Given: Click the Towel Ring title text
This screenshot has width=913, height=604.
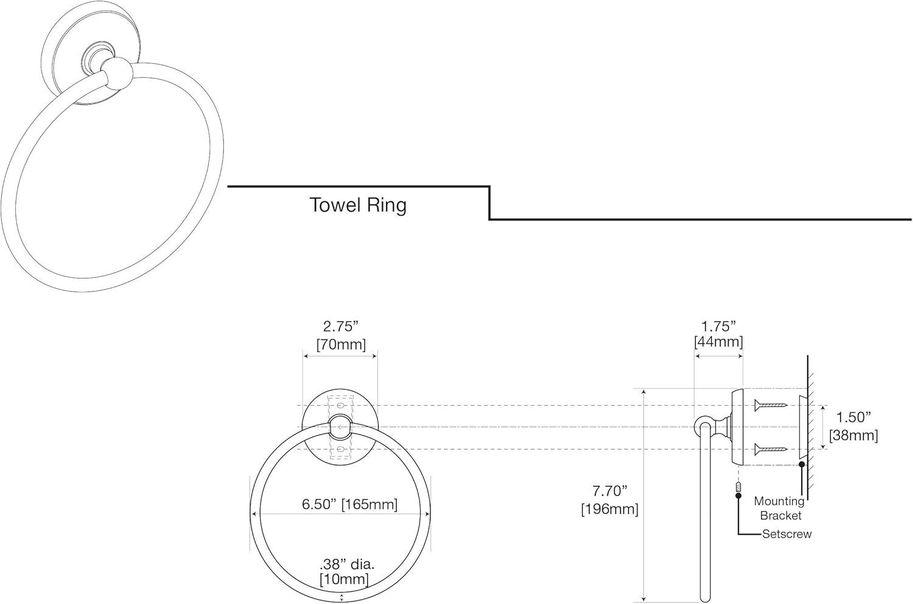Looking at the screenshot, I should pyautogui.click(x=358, y=205).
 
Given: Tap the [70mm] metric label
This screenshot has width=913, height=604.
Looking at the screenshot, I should pyautogui.click(x=341, y=345).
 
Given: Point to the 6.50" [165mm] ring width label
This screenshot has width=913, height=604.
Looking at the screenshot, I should pyautogui.click(x=349, y=504).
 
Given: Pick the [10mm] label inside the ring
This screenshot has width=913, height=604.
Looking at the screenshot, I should pyautogui.click(x=344, y=579).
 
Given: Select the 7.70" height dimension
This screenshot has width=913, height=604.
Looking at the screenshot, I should pyautogui.click(x=609, y=490).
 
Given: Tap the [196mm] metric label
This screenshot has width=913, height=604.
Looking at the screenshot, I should pyautogui.click(x=609, y=509).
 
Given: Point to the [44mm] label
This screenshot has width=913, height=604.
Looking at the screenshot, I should pyautogui.click(x=718, y=342).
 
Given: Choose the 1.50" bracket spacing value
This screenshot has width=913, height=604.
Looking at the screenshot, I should pyautogui.click(x=853, y=417).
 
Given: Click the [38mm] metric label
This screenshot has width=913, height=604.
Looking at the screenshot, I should pyautogui.click(x=853, y=435).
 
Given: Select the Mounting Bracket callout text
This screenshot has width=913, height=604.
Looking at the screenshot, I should pyautogui.click(x=779, y=508).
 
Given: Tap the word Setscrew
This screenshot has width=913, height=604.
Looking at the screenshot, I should pyautogui.click(x=786, y=534).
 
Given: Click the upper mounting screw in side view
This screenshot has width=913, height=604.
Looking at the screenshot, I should pyautogui.click(x=771, y=404).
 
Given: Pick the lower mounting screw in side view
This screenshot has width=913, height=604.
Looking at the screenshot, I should pyautogui.click(x=771, y=450).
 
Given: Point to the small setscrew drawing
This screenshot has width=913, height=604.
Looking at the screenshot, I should pyautogui.click(x=738, y=487).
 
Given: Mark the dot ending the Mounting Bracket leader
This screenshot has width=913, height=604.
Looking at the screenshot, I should pyautogui.click(x=802, y=465).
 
